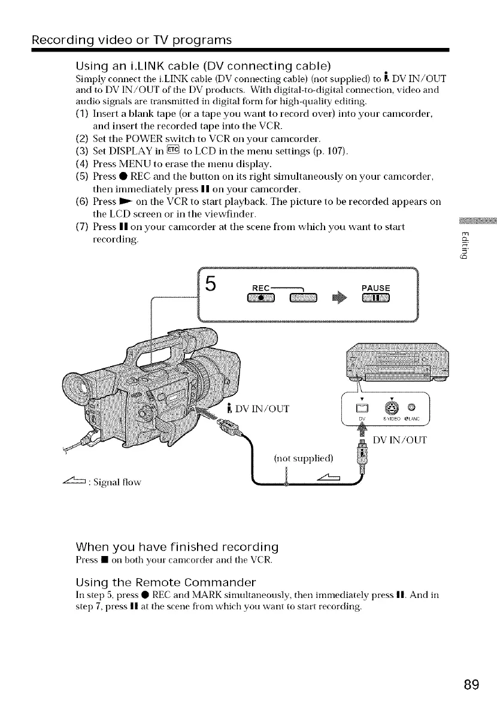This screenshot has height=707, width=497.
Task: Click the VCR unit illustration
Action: coord(395,362)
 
